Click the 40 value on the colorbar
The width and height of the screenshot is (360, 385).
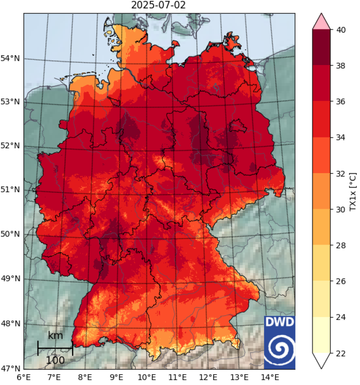340,29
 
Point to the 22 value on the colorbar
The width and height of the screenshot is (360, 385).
340,353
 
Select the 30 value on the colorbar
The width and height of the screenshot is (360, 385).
340,210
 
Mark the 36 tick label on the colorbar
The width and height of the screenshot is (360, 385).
340,102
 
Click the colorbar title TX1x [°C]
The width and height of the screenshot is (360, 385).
353,191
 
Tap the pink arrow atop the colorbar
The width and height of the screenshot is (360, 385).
322,22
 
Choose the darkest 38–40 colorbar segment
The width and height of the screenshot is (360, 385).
322,48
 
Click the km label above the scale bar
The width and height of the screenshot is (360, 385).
55,335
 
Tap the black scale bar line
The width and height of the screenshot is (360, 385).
55,348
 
